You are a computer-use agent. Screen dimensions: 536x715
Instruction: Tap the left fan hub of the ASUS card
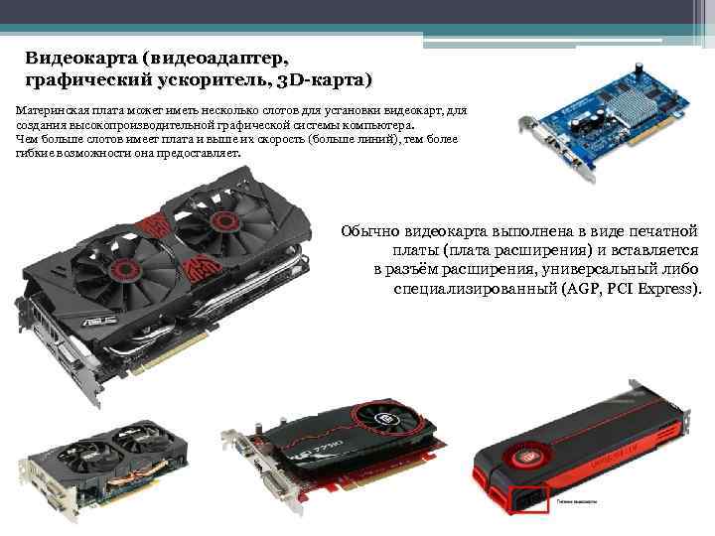pos(126,271)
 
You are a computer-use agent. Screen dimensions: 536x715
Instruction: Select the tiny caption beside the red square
pos(578,503)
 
